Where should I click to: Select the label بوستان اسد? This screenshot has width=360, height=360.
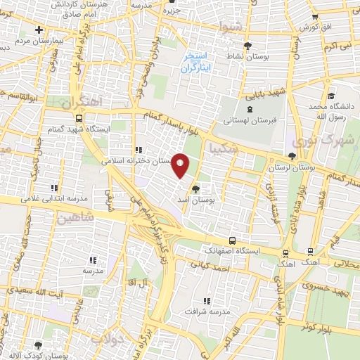(197, 200)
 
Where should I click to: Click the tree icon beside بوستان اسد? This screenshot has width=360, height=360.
(196, 188)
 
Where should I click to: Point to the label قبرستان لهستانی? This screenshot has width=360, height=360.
(251, 120)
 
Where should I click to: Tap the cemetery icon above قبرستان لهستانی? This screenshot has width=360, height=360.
(250, 109)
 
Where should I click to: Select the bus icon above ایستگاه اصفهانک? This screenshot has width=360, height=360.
(231, 239)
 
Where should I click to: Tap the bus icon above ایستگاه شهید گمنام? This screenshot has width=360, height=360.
(79, 118)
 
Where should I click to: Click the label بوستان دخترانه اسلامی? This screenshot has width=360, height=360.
(138, 161)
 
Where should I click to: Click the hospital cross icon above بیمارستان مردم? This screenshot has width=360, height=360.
(39, 30)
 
